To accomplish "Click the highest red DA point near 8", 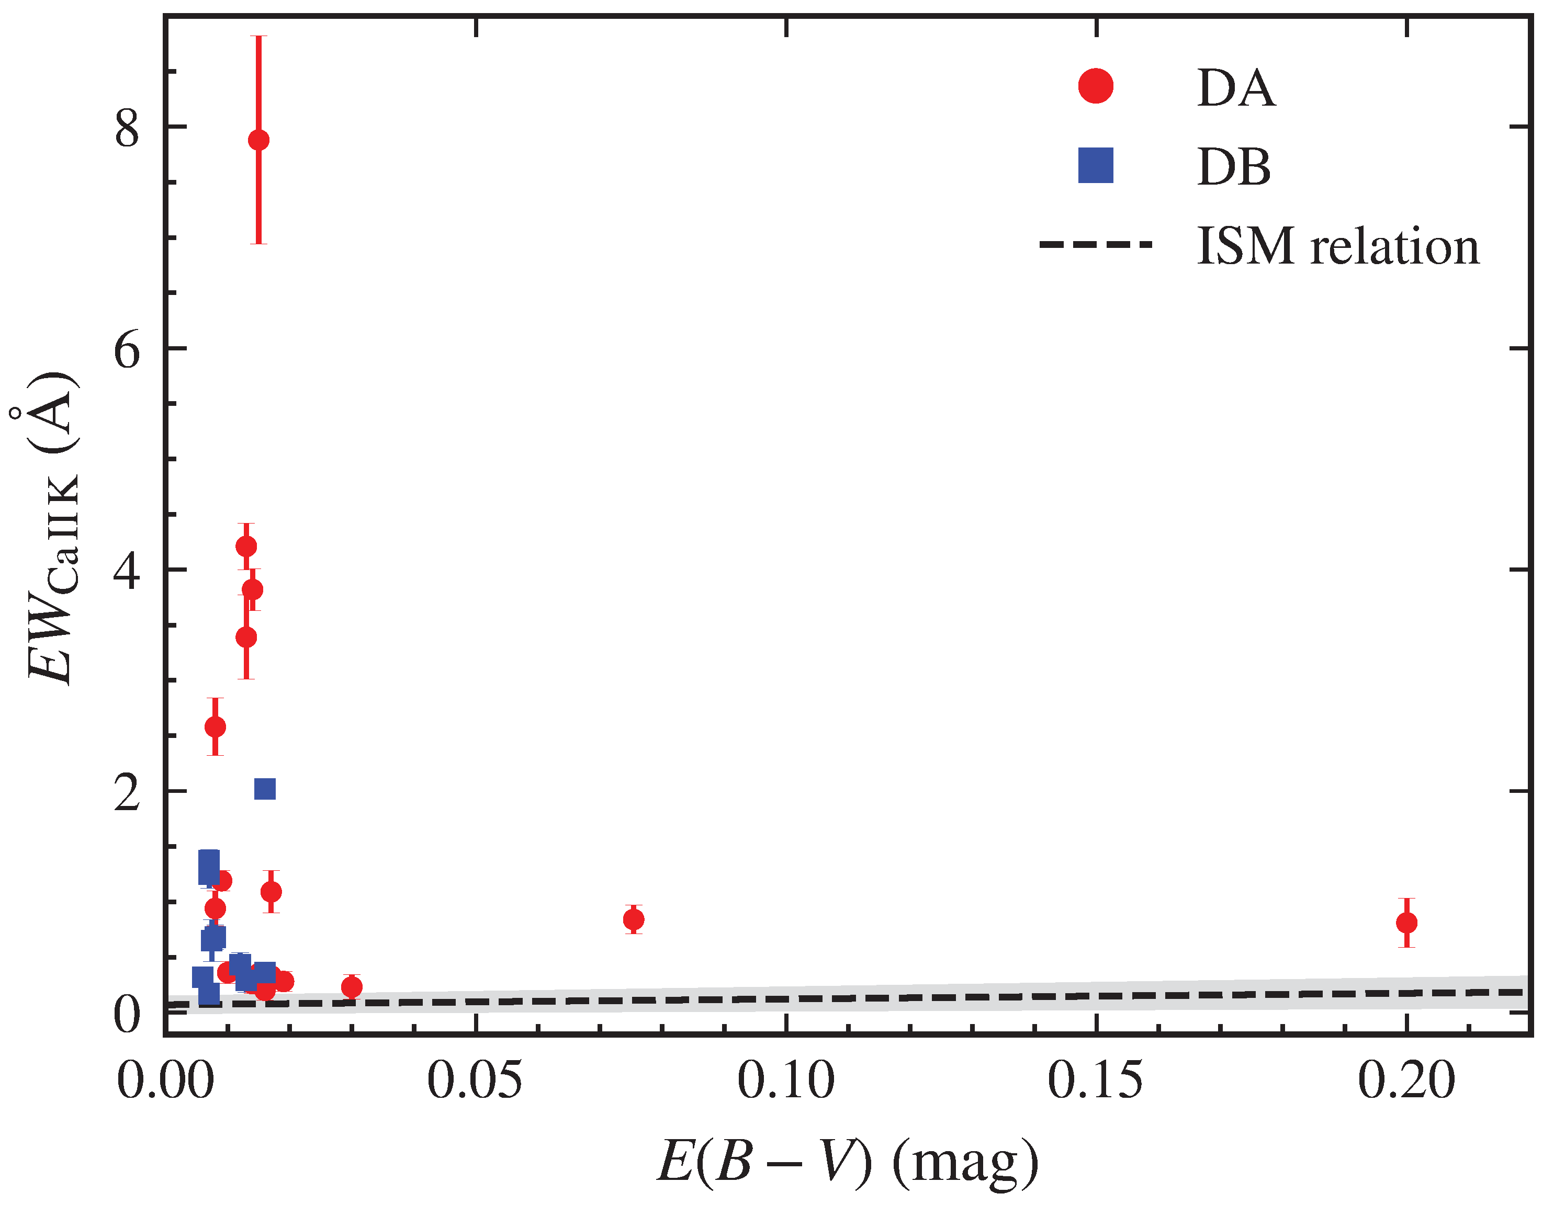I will (x=259, y=140).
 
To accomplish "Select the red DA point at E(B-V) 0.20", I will (x=1406, y=923).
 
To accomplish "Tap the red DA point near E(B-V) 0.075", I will (x=633, y=920).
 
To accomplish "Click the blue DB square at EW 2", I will (x=265, y=789).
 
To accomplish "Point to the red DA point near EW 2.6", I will (x=215, y=726).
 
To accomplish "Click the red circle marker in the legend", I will (x=1096, y=86).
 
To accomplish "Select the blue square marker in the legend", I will (x=1096, y=166).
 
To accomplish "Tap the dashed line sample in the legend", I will (x=1096, y=245).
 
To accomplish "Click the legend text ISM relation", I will (x=1338, y=246).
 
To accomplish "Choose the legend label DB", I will (x=1234, y=167).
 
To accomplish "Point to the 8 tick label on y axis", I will (x=127, y=129).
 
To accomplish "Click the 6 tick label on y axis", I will (x=127, y=350).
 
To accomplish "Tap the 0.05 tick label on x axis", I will (x=475, y=1080).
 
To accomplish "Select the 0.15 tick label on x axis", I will (x=1096, y=1080).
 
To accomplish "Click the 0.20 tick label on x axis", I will (x=1406, y=1080).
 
